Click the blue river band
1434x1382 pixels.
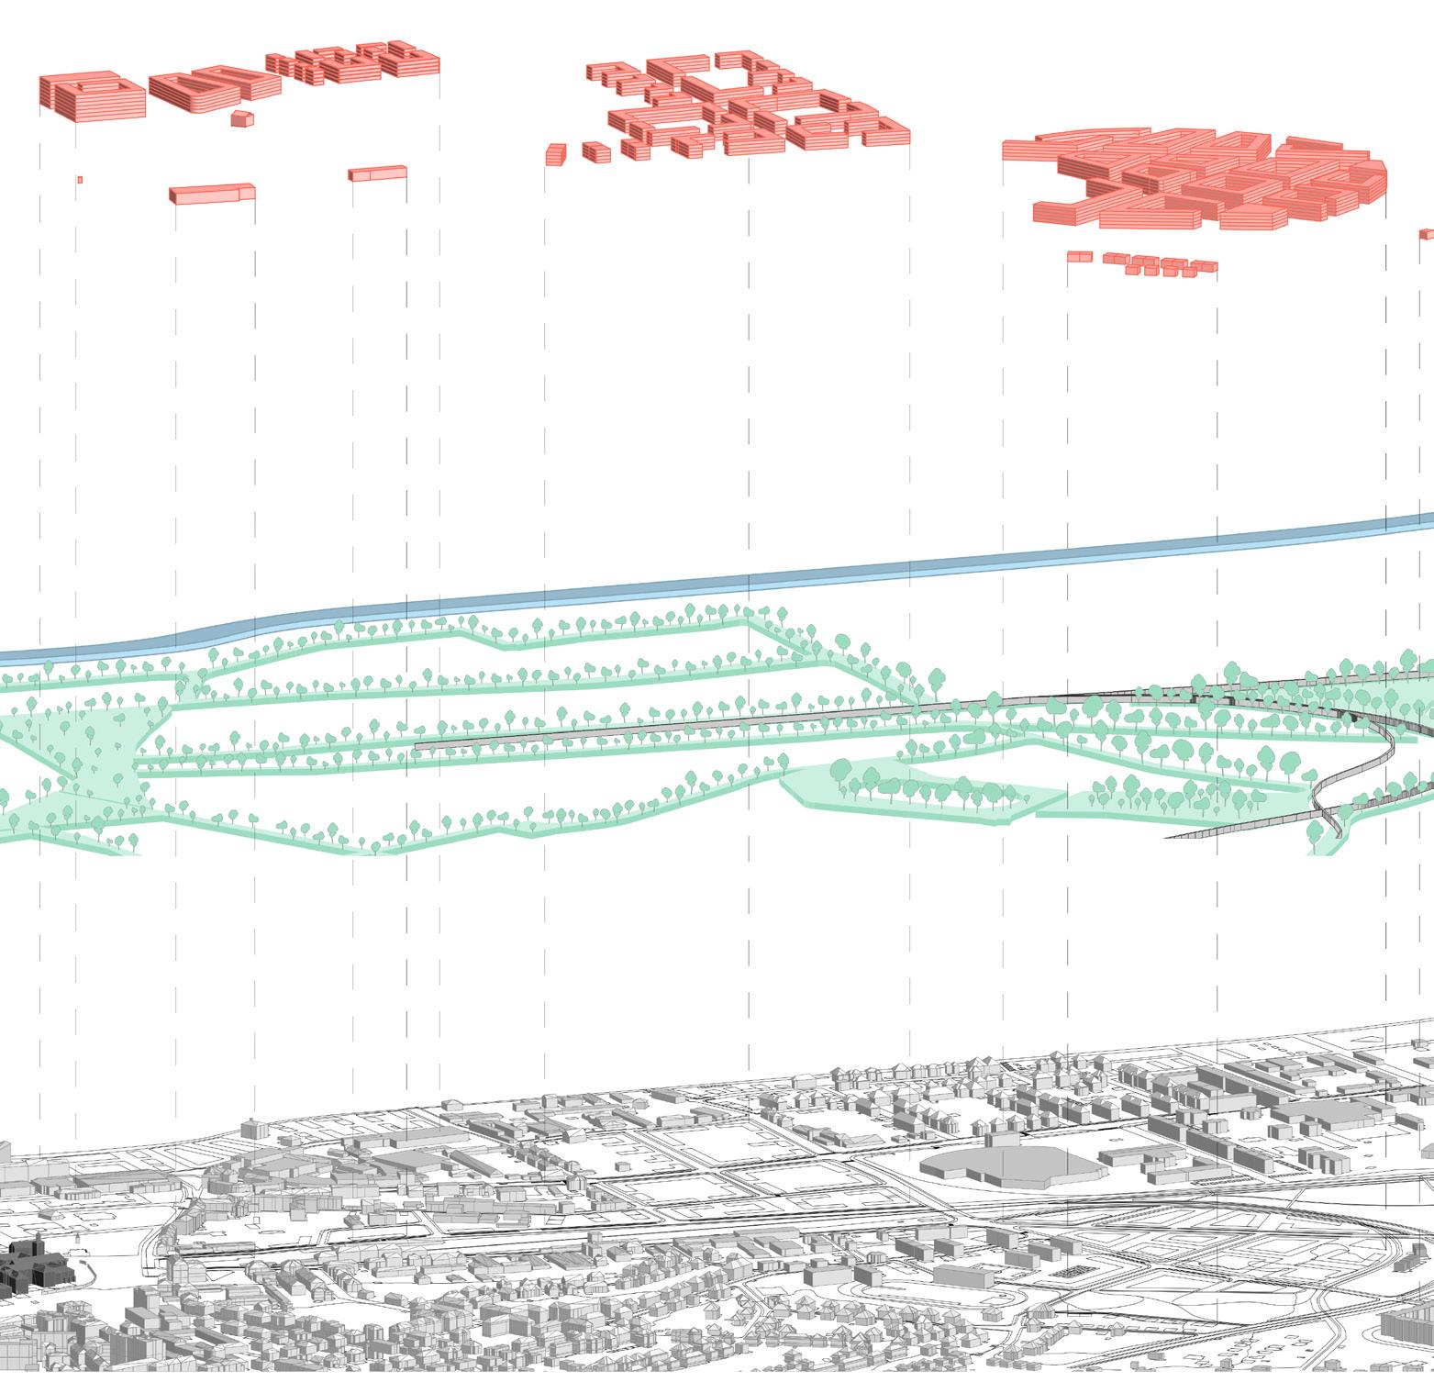click(826, 571)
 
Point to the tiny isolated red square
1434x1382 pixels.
click(81, 180)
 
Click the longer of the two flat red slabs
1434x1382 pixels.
click(212, 194)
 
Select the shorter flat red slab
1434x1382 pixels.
click(377, 173)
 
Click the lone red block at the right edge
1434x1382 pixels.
click(1427, 234)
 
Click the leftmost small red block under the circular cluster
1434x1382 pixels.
click(1079, 258)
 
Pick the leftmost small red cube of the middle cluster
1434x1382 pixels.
click(555, 153)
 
